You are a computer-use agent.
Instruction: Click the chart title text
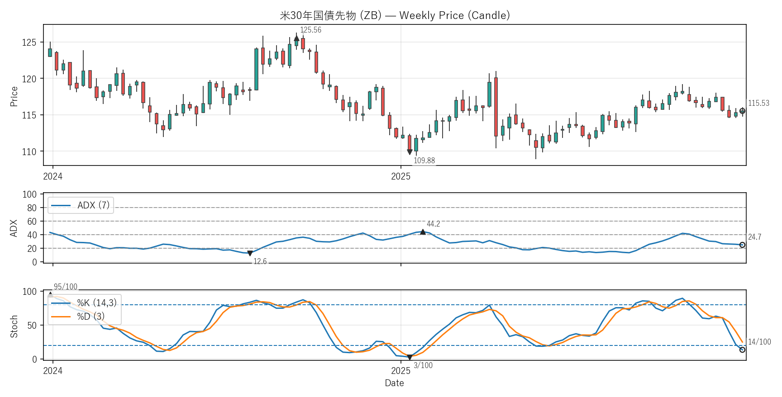point(395,15)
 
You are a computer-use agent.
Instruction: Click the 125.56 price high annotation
point(310,30)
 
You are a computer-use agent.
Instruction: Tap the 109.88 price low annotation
point(424,161)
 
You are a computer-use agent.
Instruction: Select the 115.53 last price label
point(758,103)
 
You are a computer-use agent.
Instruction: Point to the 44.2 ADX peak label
point(433,224)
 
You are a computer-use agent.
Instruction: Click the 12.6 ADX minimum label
point(260,261)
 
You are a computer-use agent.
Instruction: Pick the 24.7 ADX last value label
point(754,237)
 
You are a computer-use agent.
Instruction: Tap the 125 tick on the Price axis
point(29,43)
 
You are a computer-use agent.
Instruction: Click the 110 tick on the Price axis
point(29,151)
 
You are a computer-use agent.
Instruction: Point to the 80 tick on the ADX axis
point(32,208)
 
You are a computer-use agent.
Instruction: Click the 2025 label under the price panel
point(401,176)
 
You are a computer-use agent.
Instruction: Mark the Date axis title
point(394,383)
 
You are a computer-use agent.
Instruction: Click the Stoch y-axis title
point(14,326)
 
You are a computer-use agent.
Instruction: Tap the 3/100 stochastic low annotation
point(423,365)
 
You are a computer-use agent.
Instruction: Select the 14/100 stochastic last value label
point(759,342)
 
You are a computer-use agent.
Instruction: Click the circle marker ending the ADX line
point(742,245)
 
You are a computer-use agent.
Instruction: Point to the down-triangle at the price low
point(410,152)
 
